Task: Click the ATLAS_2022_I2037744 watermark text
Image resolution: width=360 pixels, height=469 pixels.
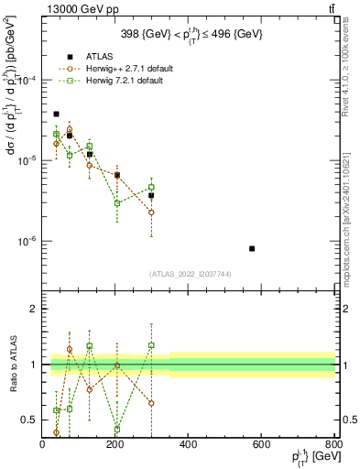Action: coord(190,274)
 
